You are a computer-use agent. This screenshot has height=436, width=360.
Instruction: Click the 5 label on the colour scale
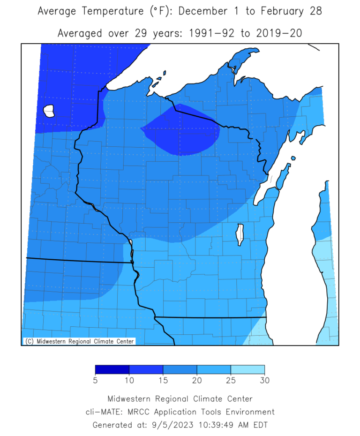[x=95, y=381]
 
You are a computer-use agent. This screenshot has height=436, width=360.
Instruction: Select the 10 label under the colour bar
[x=129, y=381]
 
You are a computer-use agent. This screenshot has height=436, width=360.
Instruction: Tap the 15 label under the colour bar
[x=163, y=381]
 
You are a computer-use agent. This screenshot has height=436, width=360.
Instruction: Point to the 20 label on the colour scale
[x=197, y=381]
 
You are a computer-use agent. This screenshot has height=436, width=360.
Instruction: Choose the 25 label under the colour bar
[x=231, y=381]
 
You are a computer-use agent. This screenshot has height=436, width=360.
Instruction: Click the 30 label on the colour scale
[x=265, y=381]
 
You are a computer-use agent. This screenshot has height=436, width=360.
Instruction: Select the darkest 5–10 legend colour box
[x=112, y=370]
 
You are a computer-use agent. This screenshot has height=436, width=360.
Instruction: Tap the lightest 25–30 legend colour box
[x=247, y=370]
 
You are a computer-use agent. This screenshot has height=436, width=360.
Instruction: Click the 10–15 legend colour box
[x=146, y=370]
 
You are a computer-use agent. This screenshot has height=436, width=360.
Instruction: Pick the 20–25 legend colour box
[x=214, y=370]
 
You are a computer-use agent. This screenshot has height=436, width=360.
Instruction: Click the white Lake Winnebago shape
[x=240, y=235]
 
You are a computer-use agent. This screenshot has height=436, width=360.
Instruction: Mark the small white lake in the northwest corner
[x=49, y=111]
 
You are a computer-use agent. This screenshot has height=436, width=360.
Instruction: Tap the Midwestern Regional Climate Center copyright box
[x=79, y=341]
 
